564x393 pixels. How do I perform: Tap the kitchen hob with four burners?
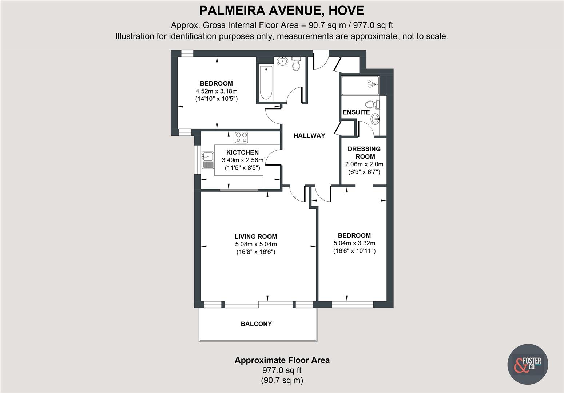[241, 138]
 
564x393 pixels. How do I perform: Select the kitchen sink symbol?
[208, 160]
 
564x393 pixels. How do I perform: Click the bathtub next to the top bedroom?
[266, 83]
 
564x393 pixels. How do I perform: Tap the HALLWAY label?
[309, 136]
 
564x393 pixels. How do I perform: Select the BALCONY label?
[256, 324]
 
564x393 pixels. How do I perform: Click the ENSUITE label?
[356, 112]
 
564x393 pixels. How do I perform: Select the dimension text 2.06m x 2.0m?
[364, 164]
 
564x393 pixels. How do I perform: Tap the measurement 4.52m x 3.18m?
[216, 91]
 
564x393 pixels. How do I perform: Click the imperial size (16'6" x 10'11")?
[354, 251]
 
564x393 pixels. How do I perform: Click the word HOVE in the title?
[346, 11]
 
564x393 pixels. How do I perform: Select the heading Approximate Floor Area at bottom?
[282, 360]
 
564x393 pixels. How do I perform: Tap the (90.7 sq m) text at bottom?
[282, 381]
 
